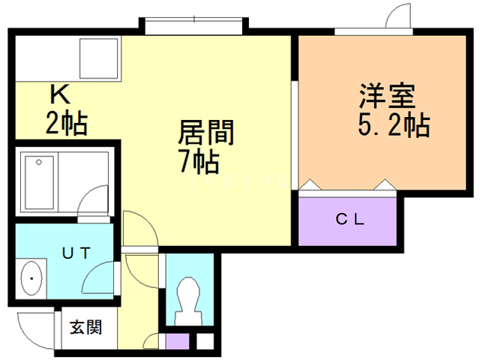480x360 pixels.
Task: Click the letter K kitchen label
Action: click(60, 95)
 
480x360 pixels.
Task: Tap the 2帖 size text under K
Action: click(66, 122)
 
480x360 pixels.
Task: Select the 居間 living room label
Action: click(206, 134)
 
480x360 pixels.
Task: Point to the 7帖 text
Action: click(198, 160)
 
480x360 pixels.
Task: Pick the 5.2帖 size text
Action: click(393, 125)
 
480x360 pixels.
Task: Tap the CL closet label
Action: click(349, 220)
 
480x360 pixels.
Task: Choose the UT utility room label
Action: click(76, 253)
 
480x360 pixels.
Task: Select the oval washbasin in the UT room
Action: click(32, 280)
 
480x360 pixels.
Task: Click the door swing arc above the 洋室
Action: click(397, 16)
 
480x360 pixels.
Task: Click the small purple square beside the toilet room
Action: click(177, 342)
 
